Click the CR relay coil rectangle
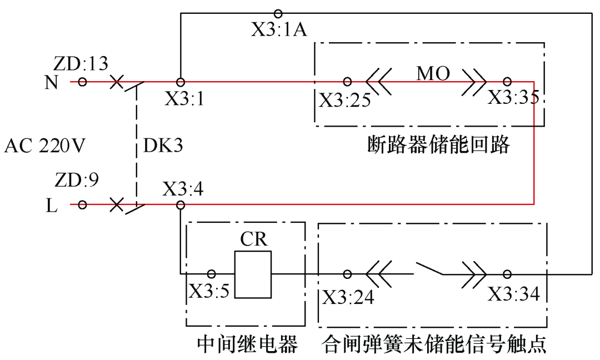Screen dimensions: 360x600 pyautogui.click(x=253, y=275)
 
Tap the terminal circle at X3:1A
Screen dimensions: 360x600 pyautogui.click(x=278, y=13)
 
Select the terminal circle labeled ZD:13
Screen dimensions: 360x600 pyautogui.click(x=82, y=82)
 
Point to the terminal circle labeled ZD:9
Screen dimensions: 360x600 pyautogui.click(x=82, y=204)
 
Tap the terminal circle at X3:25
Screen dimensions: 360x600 pyautogui.click(x=347, y=82)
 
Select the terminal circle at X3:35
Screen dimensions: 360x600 pyautogui.click(x=507, y=82)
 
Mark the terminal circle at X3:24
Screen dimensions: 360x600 pyautogui.click(x=347, y=274)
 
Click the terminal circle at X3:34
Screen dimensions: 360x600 pyautogui.click(x=507, y=274)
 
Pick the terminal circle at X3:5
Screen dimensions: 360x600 pyautogui.click(x=211, y=274)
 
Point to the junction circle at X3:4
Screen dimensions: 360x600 pyautogui.click(x=180, y=204)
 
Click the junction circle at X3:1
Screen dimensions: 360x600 pyautogui.click(x=180, y=82)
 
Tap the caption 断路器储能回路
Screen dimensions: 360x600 pyautogui.click(x=438, y=146)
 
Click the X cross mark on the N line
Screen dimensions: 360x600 pyautogui.click(x=116, y=82)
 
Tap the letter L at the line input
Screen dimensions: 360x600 pyautogui.click(x=51, y=205)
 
